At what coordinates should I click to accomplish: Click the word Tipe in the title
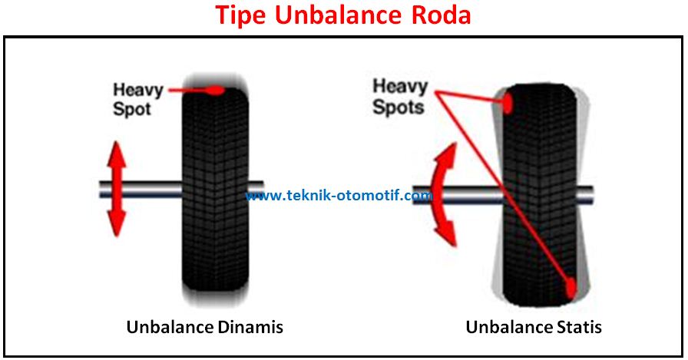click(240, 15)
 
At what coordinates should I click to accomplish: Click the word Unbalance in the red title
click(342, 15)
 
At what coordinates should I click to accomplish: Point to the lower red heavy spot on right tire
click(571, 287)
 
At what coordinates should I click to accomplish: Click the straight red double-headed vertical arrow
click(116, 189)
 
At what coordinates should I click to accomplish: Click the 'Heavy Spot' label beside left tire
click(137, 100)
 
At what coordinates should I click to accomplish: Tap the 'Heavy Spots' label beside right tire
click(399, 97)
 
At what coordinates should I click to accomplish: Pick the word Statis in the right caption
click(577, 327)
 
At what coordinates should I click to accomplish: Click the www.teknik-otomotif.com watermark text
click(339, 196)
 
